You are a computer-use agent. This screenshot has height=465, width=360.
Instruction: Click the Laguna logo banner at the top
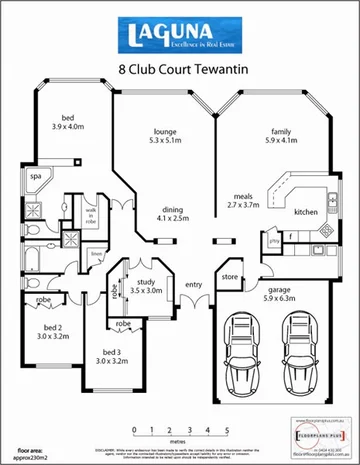click(179, 38)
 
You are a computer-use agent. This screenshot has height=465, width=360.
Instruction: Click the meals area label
click(243, 199)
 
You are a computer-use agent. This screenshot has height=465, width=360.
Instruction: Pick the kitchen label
click(305, 212)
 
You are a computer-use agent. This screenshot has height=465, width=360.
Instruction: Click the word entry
click(193, 283)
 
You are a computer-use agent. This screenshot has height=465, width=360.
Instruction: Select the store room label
click(229, 275)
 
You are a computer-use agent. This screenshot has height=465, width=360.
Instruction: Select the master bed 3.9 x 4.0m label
click(68, 122)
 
